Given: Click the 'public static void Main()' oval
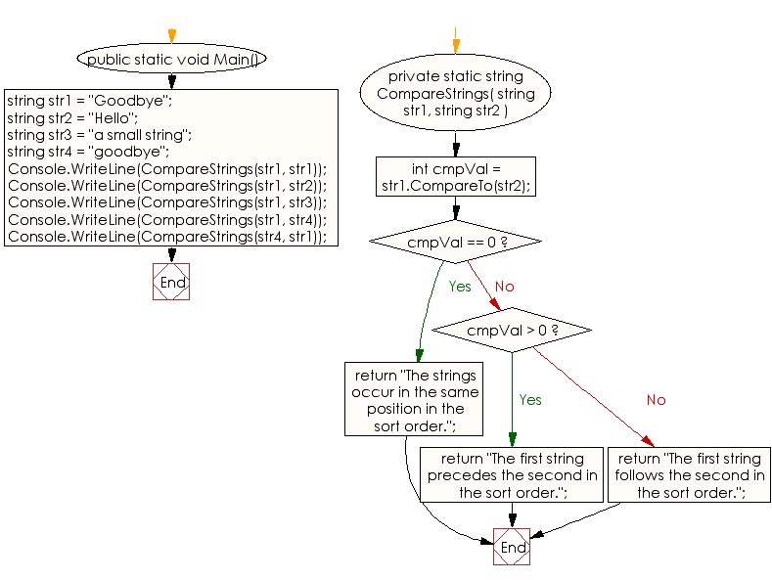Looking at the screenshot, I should [x=171, y=60].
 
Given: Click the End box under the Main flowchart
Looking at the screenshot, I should [x=171, y=282].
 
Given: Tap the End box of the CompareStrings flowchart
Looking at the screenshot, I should [x=512, y=547].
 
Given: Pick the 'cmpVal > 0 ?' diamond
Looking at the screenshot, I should [x=512, y=331].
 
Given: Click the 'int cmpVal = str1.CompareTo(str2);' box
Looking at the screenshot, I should [x=456, y=178].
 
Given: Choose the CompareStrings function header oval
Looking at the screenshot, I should [x=456, y=94].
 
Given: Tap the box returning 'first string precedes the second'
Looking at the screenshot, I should [x=513, y=475].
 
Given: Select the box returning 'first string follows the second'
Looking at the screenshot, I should [x=690, y=475].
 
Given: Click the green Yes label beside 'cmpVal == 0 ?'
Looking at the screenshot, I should [x=460, y=287].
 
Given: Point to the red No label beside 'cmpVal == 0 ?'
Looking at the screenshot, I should [x=504, y=287].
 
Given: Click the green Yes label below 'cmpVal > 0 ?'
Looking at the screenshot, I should [x=530, y=400].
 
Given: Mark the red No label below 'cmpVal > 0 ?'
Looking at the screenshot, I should [x=656, y=400].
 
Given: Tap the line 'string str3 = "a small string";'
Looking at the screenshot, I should [x=99, y=134].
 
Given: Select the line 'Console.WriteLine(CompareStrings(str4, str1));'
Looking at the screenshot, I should [x=167, y=237].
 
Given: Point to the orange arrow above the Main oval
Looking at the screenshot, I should [x=171, y=36].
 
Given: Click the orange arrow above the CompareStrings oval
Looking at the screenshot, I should [x=455, y=44].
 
